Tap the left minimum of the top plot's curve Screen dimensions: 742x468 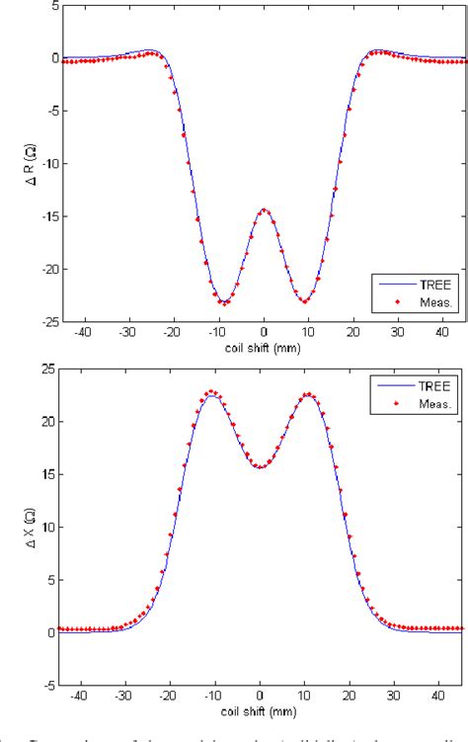point(225,302)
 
